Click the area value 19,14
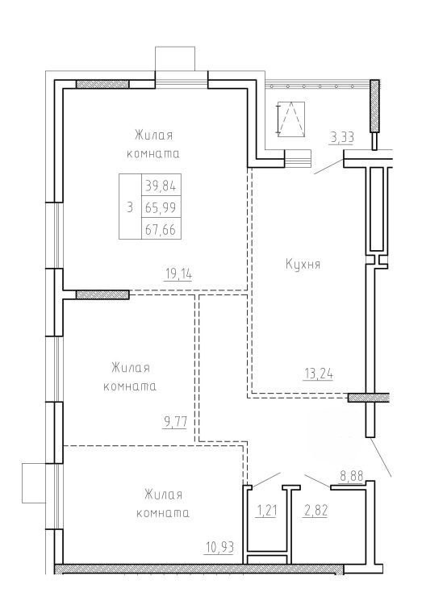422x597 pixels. coord(178,273)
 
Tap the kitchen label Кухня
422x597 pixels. coord(303,265)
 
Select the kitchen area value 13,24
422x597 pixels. coord(319,374)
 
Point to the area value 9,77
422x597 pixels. coord(175,422)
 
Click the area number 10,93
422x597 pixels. coord(219,548)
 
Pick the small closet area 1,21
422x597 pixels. coord(265,511)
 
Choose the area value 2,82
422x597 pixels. coord(315,511)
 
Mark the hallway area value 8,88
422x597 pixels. coord(351,476)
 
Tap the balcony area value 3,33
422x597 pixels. coord(342,137)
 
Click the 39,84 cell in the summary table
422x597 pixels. coord(161,185)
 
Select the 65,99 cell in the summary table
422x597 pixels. coord(161,207)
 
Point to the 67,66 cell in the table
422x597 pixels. coord(161,228)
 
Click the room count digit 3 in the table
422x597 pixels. coord(130,207)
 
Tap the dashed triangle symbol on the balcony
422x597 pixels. coord(291,119)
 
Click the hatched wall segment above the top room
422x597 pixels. coord(102,84)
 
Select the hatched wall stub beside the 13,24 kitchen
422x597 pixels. coord(368,398)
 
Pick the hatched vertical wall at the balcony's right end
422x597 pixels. coord(374,106)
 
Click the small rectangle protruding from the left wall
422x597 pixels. coord(34,482)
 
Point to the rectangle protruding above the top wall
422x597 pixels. coord(175,59)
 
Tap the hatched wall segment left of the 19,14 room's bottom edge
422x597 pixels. coord(102,294)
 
